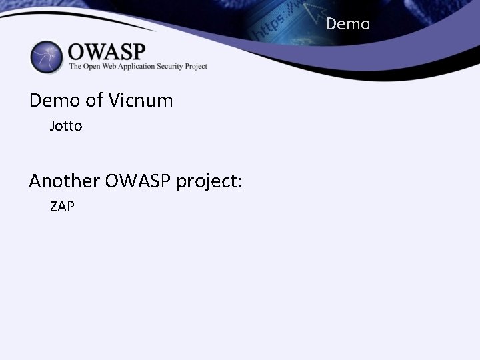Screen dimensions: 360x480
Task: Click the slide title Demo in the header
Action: pos(347,25)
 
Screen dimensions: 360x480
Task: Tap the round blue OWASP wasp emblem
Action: pos(46,57)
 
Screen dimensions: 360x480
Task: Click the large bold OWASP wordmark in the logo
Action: pos(107,51)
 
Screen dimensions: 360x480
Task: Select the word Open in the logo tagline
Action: pos(94,66)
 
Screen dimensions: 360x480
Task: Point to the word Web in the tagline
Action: pos(115,66)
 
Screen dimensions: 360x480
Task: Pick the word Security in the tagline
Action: pos(178,66)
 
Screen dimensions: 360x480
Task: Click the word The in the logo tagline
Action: pos(76,66)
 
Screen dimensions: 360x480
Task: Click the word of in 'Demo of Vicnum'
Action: pos(94,101)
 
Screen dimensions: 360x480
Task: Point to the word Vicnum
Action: pos(139,101)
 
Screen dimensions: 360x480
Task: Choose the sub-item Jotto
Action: pos(66,126)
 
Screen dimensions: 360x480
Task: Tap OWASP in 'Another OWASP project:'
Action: pos(137,181)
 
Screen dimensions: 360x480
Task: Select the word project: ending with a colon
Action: pos(209,181)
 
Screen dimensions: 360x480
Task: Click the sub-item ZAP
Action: pos(62,207)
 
